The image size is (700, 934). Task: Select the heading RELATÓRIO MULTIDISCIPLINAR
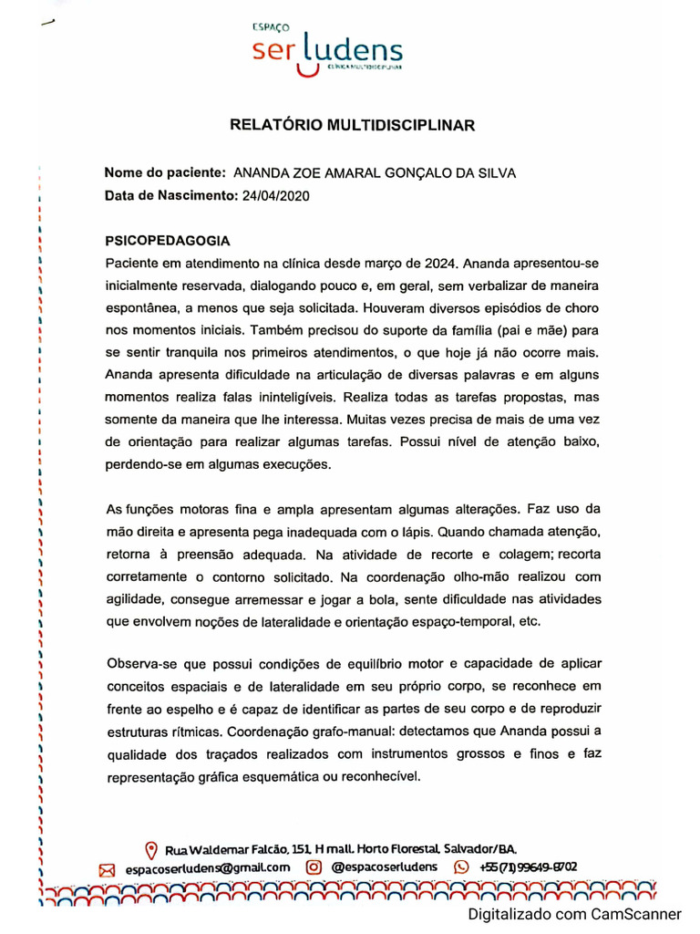click(x=352, y=126)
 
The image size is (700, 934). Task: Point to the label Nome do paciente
click(x=165, y=172)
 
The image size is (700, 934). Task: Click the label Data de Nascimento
click(x=170, y=194)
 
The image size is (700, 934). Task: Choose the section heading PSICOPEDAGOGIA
click(x=168, y=242)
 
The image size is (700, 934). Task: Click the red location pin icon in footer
click(x=151, y=848)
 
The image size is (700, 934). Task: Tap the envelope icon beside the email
click(x=107, y=869)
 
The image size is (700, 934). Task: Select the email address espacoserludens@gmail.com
click(x=207, y=868)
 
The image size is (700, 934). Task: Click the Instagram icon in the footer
click(x=314, y=867)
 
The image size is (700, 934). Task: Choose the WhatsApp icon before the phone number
click(x=461, y=867)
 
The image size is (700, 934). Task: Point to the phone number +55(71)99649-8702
click(x=528, y=867)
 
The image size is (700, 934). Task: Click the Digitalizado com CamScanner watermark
click(x=575, y=914)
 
